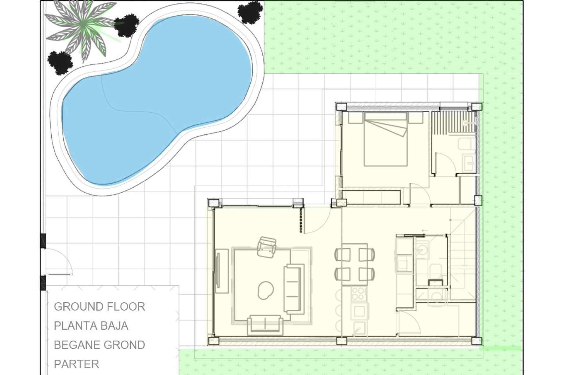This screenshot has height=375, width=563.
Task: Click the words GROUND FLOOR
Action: (99, 307)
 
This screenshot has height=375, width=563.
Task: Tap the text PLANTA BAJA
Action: (91, 326)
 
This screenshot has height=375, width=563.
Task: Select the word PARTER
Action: (77, 364)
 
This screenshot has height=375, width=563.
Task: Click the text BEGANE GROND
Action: (99, 345)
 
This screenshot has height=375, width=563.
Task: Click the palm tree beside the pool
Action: (83, 28)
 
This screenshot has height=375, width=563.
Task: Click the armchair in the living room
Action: (267, 247)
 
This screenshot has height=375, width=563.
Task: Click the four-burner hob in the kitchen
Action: (358, 294)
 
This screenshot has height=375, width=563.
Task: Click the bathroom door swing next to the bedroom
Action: (445, 164)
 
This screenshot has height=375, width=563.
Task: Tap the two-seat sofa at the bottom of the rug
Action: (265, 325)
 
